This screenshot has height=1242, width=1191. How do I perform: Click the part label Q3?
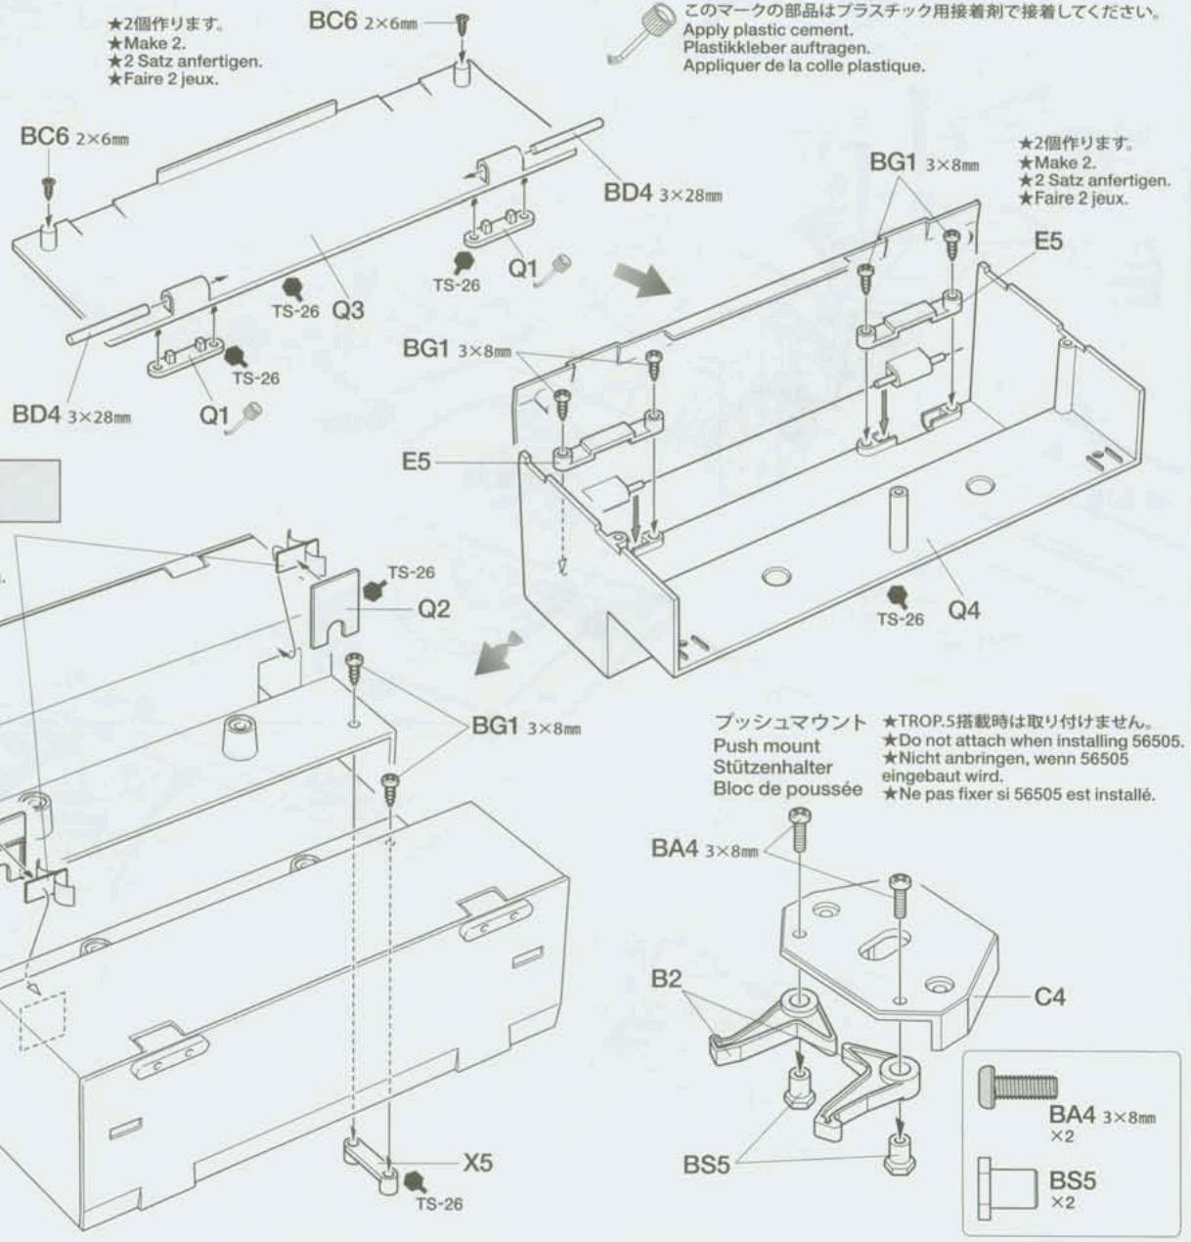[347, 310]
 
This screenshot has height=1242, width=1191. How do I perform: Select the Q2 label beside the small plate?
[434, 609]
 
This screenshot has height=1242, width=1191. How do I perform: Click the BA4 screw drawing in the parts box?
[1018, 1086]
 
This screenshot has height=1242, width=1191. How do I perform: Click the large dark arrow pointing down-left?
[497, 655]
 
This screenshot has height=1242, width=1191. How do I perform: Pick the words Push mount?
[767, 746]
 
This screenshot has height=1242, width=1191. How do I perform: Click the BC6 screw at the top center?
[463, 36]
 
